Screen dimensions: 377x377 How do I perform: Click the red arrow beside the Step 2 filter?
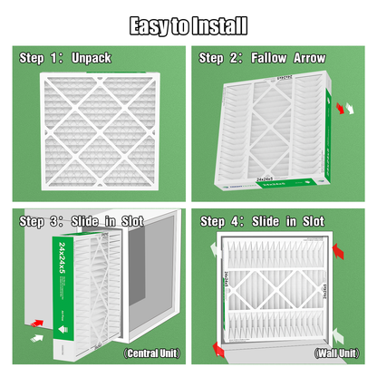342,107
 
